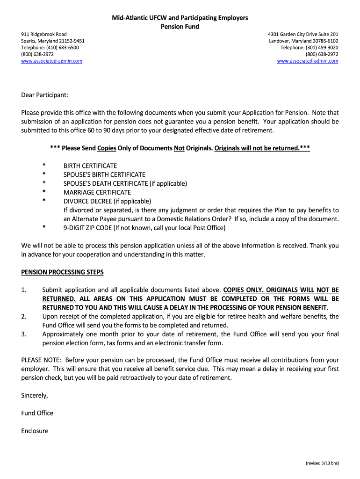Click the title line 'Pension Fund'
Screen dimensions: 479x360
point(180,27)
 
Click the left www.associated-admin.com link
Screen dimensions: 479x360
point(52,61)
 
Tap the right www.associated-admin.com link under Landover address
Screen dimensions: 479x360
point(307,61)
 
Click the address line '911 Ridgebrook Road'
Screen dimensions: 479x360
point(44,34)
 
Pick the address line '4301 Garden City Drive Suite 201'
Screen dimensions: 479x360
point(303,34)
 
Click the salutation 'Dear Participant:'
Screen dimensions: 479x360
point(44,95)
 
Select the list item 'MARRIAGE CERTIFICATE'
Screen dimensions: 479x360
point(97,192)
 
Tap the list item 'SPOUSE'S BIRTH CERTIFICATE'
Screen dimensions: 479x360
point(104,174)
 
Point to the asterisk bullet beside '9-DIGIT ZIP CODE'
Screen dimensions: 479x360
point(44,228)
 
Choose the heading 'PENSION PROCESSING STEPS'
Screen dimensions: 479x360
point(63,272)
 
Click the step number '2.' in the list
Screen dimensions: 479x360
point(24,317)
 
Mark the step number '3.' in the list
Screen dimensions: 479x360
point(24,334)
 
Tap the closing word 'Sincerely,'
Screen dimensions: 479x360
point(35,395)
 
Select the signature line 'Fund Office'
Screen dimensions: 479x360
point(37,413)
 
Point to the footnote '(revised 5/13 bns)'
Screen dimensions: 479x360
point(322,463)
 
